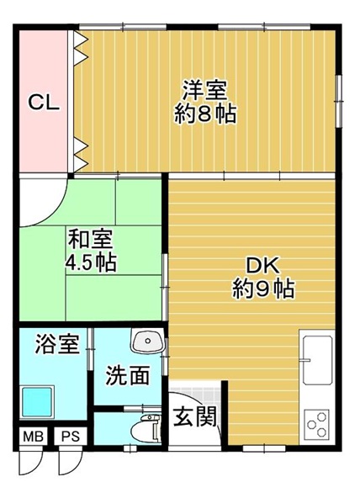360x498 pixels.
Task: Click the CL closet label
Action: pos(44,103)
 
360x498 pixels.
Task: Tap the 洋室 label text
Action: pos(204,91)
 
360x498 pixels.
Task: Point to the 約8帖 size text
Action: pos(204,114)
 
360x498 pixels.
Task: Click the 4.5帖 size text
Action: pos(90,262)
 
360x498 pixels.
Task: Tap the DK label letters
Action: pos(263,266)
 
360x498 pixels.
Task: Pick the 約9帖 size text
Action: pos(263,289)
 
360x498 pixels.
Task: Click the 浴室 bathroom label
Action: pos(57,344)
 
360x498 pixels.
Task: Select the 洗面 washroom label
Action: pos(127,375)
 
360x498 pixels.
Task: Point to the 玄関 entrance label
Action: pos(195,416)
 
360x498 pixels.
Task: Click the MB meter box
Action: pos(34,437)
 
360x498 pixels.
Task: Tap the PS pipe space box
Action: pos(71,437)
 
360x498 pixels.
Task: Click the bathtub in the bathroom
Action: pos(37,402)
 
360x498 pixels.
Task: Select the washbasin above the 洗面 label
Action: pos(147,341)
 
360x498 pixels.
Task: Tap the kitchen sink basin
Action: pos(317,360)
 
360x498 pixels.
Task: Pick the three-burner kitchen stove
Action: pos(316,425)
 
